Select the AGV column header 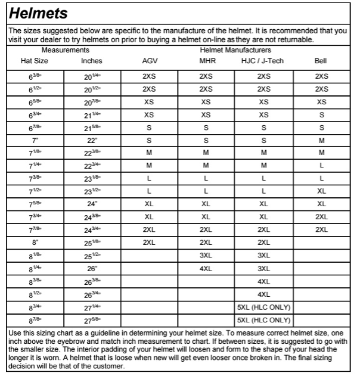coord(150,61)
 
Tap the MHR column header coord(206,61)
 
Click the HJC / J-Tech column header coord(263,61)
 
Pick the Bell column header coord(321,61)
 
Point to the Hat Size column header coord(35,61)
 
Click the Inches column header coord(91,61)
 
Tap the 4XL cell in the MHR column coord(206,269)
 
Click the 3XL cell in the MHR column coord(206,255)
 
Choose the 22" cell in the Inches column coord(91,141)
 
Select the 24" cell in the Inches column coord(91,204)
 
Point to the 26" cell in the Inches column coord(91,269)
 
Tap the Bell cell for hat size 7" coord(321,141)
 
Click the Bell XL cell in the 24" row coord(321,204)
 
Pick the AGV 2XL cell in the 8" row coord(149,243)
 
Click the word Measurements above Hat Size coord(66,51)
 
